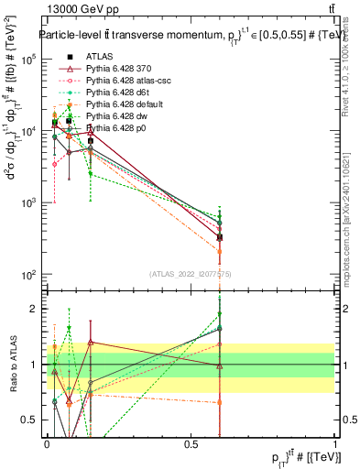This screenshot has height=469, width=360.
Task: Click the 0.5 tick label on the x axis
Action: pos(191,444)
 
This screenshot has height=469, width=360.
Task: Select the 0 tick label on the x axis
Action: pos(47,444)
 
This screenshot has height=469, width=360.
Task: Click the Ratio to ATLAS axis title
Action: pos(12,364)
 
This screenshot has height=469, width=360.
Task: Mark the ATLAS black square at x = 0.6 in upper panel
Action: pos(220,237)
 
